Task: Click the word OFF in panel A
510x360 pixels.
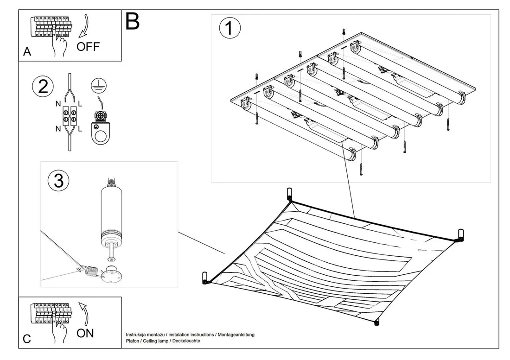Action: click(88, 47)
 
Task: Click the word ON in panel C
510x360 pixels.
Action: click(85, 333)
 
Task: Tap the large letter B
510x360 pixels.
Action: click(132, 21)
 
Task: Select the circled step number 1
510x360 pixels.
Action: click(230, 28)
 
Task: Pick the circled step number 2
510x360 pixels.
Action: click(43, 87)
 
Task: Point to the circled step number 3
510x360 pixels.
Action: click(58, 181)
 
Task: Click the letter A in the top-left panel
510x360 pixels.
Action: click(27, 52)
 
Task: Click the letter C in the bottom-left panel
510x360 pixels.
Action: click(27, 339)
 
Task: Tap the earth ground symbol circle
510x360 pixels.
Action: click(99, 85)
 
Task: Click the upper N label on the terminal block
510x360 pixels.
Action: click(58, 104)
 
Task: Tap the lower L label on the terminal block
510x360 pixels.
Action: click(80, 129)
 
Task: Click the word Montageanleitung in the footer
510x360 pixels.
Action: click(236, 335)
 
